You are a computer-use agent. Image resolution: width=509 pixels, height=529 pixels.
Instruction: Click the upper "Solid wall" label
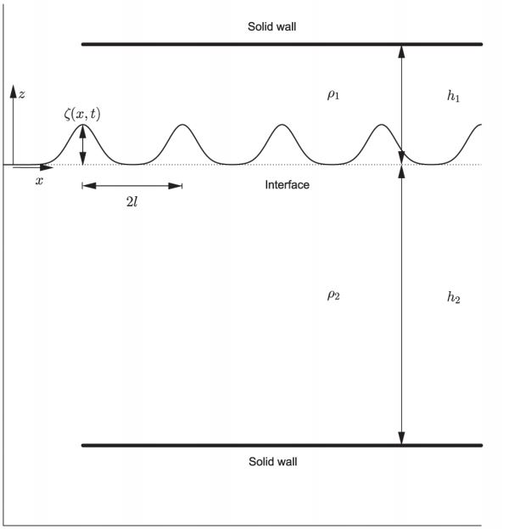(x=271, y=26)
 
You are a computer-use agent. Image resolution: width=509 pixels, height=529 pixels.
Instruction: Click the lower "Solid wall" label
(x=272, y=462)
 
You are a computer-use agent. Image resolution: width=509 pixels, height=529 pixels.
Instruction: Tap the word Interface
(x=287, y=184)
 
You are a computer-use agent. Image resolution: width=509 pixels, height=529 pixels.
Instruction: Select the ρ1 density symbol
(x=333, y=94)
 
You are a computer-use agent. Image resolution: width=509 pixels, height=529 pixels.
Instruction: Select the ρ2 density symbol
(x=333, y=296)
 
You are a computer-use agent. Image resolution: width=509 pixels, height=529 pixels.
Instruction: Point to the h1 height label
(x=454, y=96)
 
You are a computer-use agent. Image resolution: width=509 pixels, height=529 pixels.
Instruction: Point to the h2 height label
(x=454, y=298)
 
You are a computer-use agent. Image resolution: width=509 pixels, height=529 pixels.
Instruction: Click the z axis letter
(x=23, y=94)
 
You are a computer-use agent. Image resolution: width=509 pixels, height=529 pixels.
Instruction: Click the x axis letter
(x=39, y=181)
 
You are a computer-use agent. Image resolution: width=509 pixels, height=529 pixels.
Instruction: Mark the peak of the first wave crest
(x=82, y=125)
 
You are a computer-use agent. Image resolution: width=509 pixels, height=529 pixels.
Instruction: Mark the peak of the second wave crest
(x=182, y=125)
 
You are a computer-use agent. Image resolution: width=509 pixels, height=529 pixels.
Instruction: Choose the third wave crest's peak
(x=282, y=125)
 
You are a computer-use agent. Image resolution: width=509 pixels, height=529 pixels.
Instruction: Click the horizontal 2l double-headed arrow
(x=131, y=185)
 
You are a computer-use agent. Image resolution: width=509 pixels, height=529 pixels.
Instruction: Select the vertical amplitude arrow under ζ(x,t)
(x=82, y=145)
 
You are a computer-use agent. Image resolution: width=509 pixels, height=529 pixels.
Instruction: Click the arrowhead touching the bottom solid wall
(x=402, y=438)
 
